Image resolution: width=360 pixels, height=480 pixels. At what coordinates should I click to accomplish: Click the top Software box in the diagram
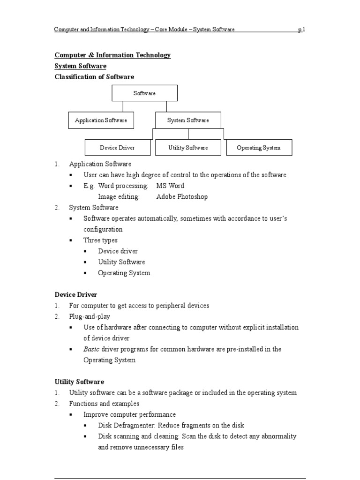pyautogui.click(x=144, y=93)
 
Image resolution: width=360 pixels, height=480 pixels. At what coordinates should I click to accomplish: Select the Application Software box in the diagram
pyautogui.click(x=101, y=120)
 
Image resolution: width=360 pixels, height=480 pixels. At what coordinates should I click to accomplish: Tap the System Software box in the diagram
pyautogui.click(x=188, y=120)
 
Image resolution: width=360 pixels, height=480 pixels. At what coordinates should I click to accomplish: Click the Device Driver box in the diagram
pyautogui.click(x=117, y=148)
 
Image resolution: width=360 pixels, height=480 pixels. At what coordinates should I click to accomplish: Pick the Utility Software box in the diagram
pyautogui.click(x=188, y=148)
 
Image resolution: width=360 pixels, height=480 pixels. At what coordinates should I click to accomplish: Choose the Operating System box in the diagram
pyautogui.click(x=259, y=148)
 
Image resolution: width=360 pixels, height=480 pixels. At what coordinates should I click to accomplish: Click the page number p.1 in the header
pyautogui.click(x=301, y=30)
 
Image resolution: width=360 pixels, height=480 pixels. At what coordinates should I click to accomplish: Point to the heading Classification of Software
pyautogui.click(x=94, y=77)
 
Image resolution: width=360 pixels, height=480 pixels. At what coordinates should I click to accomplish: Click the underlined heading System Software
pyautogui.click(x=80, y=66)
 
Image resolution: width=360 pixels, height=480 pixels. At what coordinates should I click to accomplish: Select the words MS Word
pyautogui.click(x=170, y=186)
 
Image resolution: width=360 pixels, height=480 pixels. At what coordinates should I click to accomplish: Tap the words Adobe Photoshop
pyautogui.click(x=182, y=197)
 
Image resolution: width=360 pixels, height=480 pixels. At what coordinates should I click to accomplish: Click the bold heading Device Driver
pyautogui.click(x=76, y=295)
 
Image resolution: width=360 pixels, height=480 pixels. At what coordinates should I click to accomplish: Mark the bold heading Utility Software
pyautogui.click(x=79, y=382)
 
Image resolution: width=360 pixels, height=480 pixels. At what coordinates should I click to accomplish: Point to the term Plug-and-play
pyautogui.click(x=90, y=316)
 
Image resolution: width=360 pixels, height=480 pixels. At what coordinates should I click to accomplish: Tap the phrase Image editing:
pyautogui.click(x=119, y=197)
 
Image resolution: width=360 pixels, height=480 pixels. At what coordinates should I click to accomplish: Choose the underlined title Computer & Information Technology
pyautogui.click(x=112, y=55)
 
